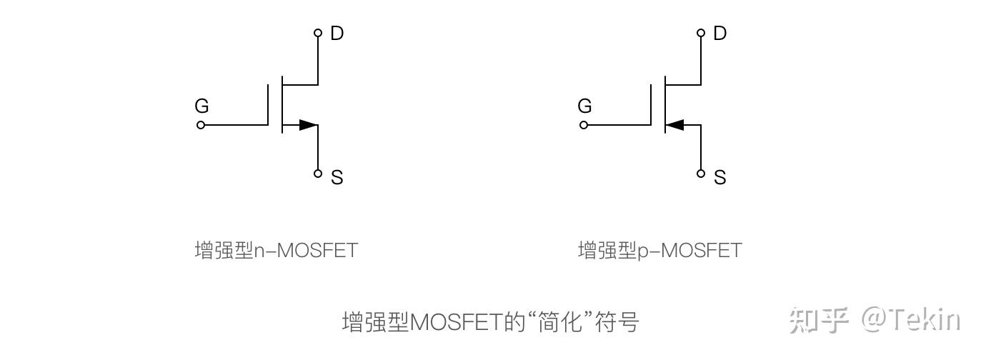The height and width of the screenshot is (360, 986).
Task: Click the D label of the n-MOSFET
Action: point(337,33)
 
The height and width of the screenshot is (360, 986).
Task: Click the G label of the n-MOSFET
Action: point(201,106)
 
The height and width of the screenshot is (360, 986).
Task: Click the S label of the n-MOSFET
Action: point(337,177)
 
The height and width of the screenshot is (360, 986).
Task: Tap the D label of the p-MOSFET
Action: point(719,33)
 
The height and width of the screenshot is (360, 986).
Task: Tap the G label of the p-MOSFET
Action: point(584,106)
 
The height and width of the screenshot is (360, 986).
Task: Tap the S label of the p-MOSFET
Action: point(720,177)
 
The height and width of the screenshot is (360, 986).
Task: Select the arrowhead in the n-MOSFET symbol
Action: point(308,125)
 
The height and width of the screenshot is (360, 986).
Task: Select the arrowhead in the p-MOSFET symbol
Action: point(674,125)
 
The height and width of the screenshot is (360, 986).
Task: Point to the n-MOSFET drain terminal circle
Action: point(318,33)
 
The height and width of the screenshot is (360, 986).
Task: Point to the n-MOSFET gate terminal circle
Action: point(201,125)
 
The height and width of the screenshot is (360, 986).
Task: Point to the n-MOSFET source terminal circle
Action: point(318,173)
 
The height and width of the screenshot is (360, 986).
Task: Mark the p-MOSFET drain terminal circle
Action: point(701,33)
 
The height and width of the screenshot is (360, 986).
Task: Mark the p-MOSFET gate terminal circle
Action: point(584,125)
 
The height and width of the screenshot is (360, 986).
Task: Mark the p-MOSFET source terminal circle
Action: point(701,173)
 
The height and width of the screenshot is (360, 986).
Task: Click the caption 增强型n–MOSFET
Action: point(276,251)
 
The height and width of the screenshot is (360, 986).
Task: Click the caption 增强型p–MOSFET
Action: point(659,251)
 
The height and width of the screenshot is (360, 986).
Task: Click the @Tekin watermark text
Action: point(910,321)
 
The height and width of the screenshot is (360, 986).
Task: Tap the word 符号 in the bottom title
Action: point(619,322)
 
